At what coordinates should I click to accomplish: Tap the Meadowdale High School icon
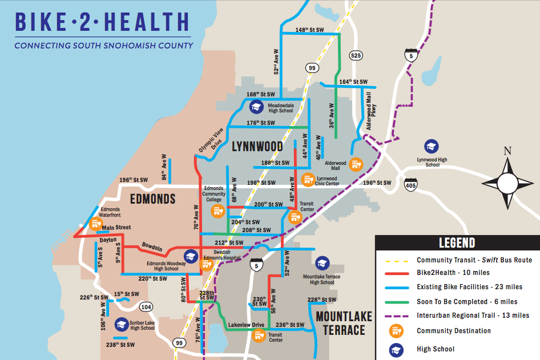tap(256, 107)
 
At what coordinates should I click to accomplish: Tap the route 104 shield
tap(147, 307)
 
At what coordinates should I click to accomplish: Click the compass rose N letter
tap(507, 151)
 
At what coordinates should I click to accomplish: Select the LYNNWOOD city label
tap(257, 147)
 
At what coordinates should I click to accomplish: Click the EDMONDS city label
tap(152, 199)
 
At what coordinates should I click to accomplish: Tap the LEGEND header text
tap(456, 242)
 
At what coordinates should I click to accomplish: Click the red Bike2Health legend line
tap(394, 273)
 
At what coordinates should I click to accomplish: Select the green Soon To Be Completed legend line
tap(394, 301)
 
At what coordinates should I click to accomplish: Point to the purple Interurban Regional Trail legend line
tap(394, 315)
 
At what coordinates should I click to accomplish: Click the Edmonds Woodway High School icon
tap(190, 258)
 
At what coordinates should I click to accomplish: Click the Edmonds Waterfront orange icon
tap(95, 223)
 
